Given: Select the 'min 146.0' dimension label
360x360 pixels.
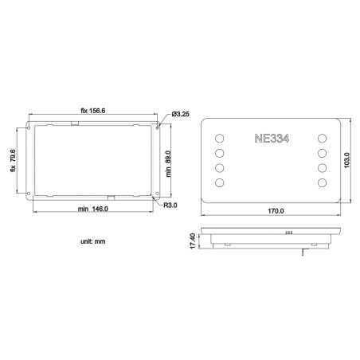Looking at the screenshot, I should point(93,209).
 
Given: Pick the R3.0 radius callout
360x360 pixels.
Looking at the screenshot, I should point(170,205).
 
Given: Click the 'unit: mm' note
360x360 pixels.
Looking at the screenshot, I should point(92,240).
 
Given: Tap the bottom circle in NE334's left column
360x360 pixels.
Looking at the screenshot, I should point(219,184).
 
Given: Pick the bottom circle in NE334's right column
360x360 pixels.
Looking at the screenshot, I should point(323,184).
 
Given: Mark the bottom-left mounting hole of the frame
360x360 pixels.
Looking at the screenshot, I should point(29,194).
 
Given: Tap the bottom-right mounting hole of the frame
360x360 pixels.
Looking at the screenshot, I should point(158,194).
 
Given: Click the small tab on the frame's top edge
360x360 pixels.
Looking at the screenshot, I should point(76,123).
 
